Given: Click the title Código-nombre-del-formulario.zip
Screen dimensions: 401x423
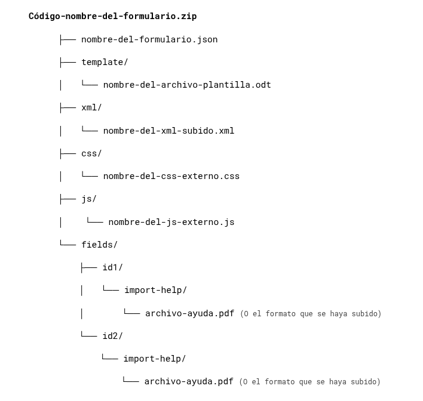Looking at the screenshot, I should click(112, 16).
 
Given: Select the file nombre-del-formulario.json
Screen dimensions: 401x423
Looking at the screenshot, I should click(149, 39).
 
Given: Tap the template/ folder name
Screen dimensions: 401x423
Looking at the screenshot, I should click(105, 62).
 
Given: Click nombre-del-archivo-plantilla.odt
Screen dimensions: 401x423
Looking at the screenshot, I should click(187, 85).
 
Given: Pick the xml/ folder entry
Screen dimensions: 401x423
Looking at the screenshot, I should click(91, 107).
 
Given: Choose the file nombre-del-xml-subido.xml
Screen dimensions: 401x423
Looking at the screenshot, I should click(168, 131).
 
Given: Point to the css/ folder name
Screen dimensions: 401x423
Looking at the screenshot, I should click(91, 153).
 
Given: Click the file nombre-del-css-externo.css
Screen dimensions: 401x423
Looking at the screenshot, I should click(171, 176).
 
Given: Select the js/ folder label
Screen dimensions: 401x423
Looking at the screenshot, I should click(89, 199).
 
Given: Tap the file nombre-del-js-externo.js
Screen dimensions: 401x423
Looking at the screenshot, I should click(171, 222).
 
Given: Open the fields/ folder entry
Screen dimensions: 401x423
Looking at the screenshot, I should click(99, 245).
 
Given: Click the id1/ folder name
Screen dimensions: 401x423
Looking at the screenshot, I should click(112, 267).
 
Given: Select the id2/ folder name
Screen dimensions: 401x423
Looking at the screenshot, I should click(112, 336).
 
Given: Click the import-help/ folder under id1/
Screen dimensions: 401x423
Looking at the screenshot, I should click(155, 290).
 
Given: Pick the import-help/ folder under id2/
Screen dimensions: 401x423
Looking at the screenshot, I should click(154, 359).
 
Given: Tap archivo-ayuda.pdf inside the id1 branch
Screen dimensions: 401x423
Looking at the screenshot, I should click(189, 313).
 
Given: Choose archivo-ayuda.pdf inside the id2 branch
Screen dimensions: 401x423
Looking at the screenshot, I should click(188, 381).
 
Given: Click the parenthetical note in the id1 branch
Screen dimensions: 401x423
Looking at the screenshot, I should click(311, 314).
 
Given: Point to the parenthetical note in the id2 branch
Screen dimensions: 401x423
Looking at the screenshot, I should click(309, 382).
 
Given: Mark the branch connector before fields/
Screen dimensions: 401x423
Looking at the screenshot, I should click(68, 243).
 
